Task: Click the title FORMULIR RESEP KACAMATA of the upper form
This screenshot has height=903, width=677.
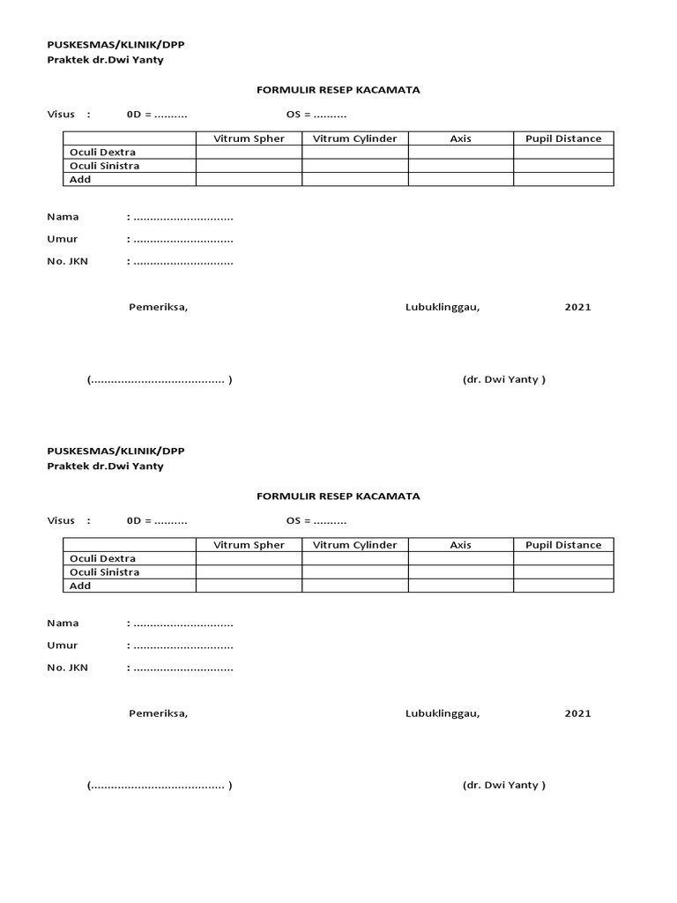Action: [338, 90]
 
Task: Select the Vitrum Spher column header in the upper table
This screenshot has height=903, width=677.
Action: [249, 138]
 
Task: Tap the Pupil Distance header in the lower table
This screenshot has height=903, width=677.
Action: [563, 545]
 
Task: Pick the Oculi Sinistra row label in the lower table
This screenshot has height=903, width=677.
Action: [104, 572]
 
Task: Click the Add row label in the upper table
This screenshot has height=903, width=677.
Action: [80, 180]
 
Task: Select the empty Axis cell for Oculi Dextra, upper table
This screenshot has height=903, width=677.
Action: [460, 153]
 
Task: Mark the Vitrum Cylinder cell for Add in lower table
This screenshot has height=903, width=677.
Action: [355, 586]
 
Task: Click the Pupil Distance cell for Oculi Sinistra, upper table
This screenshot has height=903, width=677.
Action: [563, 166]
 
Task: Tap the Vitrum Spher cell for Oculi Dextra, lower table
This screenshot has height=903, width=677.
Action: [249, 558]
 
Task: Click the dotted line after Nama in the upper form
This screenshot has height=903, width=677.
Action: [182, 217]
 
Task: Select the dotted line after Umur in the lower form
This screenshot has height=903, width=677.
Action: [182, 646]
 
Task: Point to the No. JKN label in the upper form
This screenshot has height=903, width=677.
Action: [67, 261]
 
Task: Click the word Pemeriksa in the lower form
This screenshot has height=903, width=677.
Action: [158, 713]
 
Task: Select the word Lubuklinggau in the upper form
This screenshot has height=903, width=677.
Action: [443, 307]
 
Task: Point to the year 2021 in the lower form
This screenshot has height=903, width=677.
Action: [577, 713]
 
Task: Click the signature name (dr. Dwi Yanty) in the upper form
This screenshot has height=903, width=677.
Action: [503, 379]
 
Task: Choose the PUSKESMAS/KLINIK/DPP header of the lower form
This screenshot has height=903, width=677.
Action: [115, 451]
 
